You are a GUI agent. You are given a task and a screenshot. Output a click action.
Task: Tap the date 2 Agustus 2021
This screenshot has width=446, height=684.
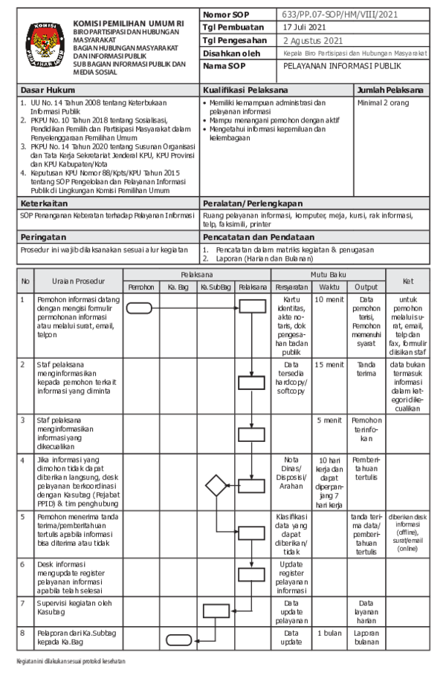click(313, 42)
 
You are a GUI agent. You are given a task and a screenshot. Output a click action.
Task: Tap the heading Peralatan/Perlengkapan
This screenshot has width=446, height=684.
click(252, 202)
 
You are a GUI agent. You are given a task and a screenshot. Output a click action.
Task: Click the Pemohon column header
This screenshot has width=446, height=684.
click(141, 286)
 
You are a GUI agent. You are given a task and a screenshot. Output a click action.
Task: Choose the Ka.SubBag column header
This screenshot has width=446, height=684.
click(216, 286)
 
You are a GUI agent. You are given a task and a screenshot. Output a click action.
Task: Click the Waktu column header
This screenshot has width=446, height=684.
click(329, 286)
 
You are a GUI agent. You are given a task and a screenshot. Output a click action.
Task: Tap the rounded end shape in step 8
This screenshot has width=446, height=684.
click(178, 639)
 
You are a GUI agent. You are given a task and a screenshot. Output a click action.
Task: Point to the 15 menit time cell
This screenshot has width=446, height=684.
click(329, 365)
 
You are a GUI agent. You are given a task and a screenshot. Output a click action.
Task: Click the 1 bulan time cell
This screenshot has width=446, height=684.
click(329, 633)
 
